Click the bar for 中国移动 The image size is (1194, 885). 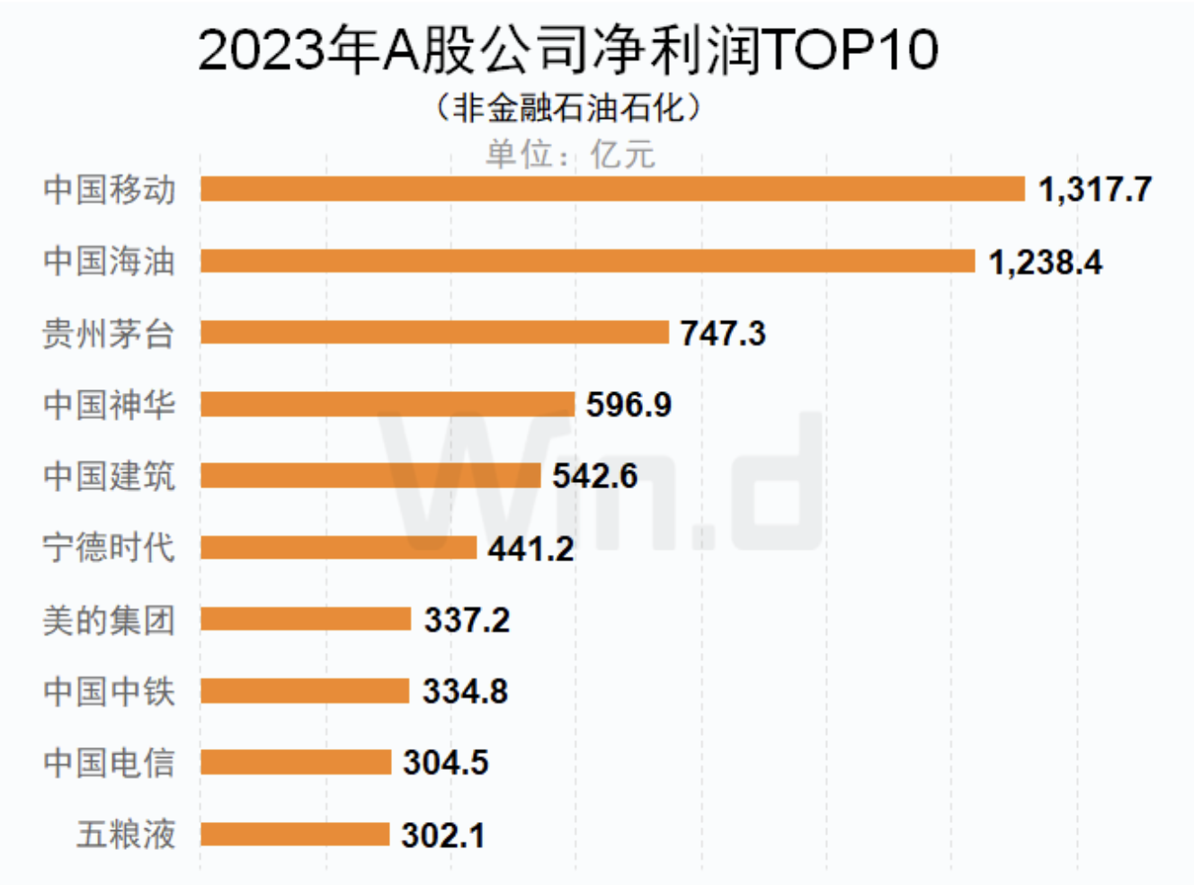click(612, 189)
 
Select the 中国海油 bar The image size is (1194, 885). click(587, 261)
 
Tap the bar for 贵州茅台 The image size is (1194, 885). click(434, 333)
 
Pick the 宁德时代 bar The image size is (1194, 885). click(338, 547)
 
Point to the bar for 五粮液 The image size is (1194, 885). click(295, 835)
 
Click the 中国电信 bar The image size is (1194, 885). click(296, 763)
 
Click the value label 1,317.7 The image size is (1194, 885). click(1094, 190)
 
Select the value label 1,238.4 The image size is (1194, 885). click(1045, 262)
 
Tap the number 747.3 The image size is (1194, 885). click(723, 334)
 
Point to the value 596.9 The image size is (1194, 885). click(628, 405)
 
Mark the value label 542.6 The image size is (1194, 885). click(594, 476)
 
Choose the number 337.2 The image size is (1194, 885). click(467, 620)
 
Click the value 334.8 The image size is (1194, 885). click(465, 692)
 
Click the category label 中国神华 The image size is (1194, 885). click(110, 405)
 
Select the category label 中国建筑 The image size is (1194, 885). click(110, 476)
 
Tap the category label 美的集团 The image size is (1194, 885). click(110, 620)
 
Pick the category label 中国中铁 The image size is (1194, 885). click(110, 692)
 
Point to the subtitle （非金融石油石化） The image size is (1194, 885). click(568, 108)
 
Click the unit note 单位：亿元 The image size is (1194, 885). click(570, 154)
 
